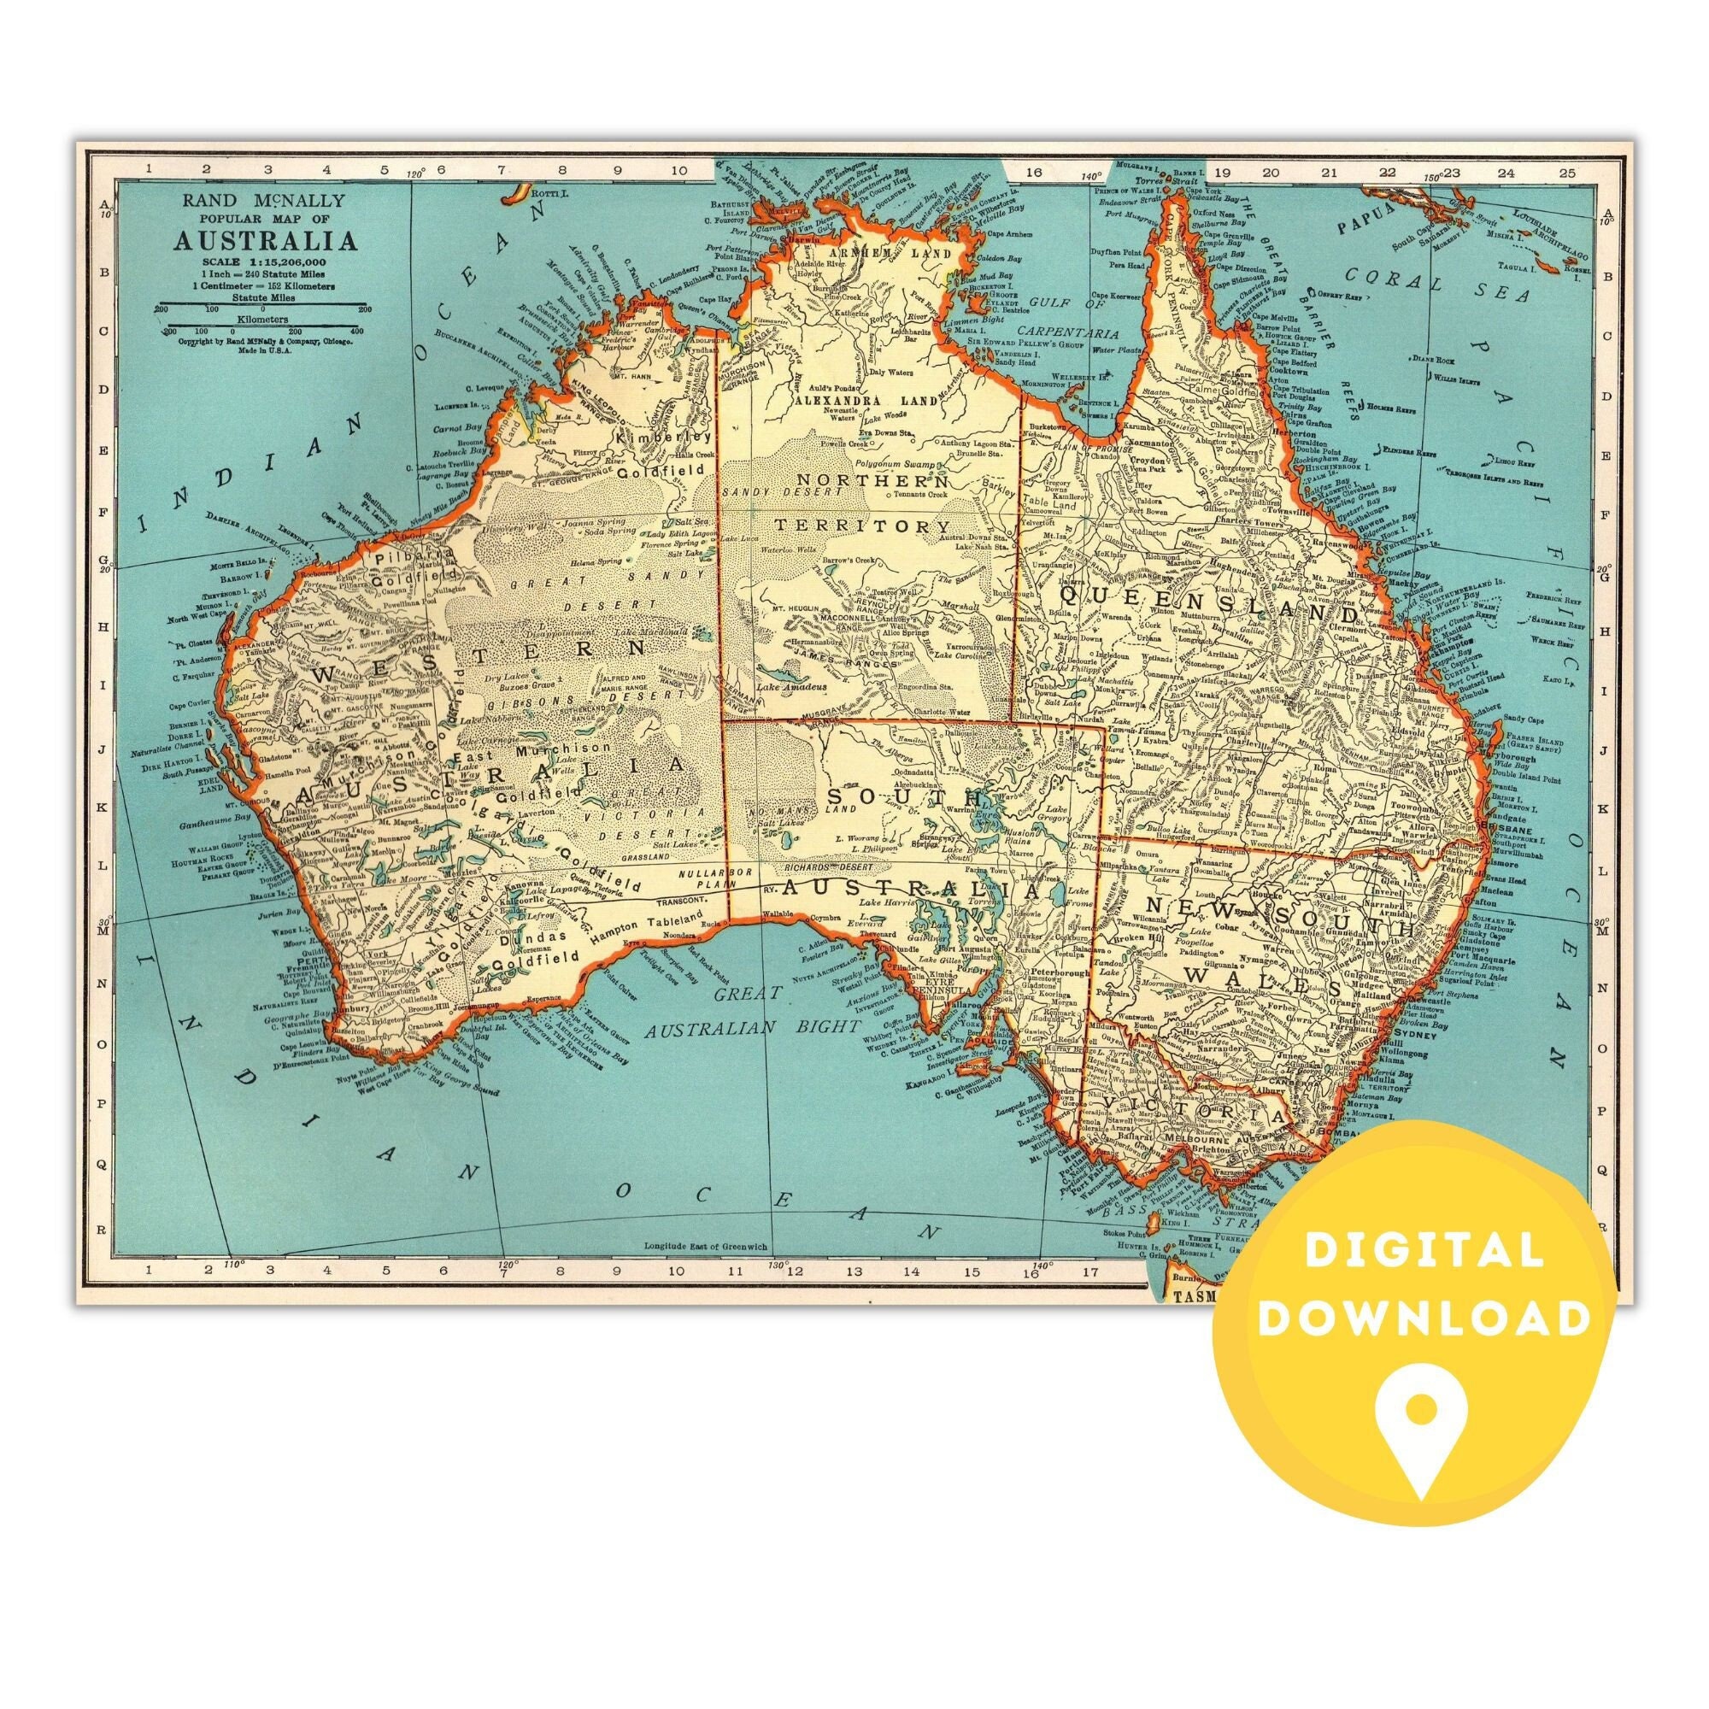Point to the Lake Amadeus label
tap(790, 686)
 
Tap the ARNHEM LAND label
tap(858, 251)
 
